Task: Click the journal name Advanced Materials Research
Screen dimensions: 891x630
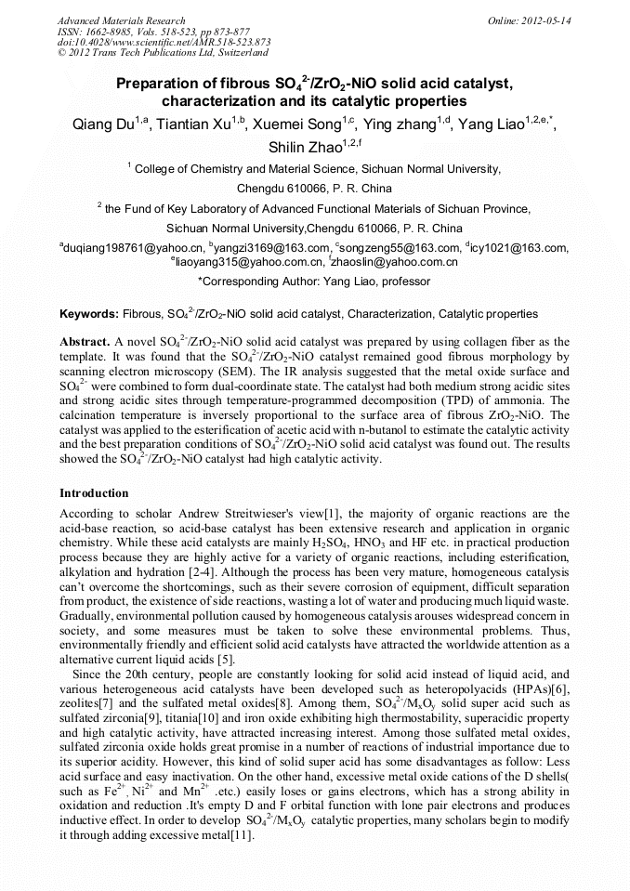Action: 121,20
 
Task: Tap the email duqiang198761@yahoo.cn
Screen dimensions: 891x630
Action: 134,248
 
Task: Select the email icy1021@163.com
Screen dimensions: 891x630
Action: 519,248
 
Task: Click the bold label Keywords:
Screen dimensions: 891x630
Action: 88,315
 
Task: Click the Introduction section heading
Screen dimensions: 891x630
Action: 94,492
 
